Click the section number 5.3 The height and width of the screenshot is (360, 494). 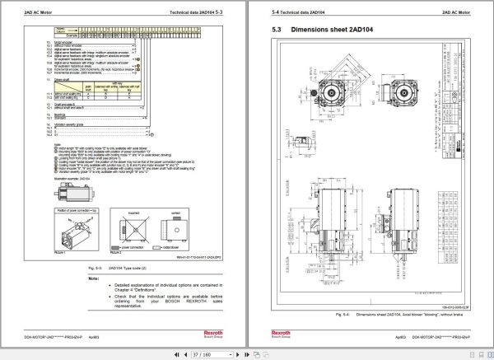[276, 30]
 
